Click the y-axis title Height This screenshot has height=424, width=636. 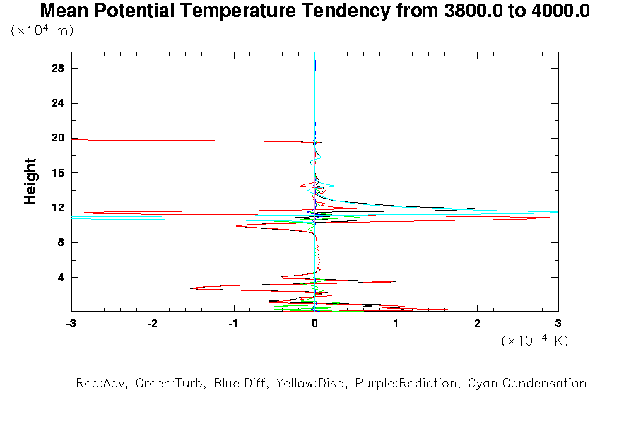(x=30, y=182)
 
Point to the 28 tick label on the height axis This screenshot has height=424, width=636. (x=58, y=69)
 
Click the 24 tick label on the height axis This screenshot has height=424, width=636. (x=58, y=103)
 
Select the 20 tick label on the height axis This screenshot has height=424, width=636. (x=58, y=138)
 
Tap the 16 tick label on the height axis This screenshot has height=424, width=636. (x=58, y=173)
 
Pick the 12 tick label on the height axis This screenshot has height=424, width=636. (x=58, y=208)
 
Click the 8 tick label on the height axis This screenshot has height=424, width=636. (x=61, y=242)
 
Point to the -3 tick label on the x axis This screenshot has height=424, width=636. (x=71, y=323)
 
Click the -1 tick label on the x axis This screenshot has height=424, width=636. (x=232, y=323)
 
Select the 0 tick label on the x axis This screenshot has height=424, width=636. (x=314, y=323)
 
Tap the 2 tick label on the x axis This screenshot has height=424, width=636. (x=477, y=323)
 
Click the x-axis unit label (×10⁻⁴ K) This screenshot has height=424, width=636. (x=535, y=341)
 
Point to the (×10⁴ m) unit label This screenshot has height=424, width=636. (x=42, y=30)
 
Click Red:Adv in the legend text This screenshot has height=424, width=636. (x=100, y=384)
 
